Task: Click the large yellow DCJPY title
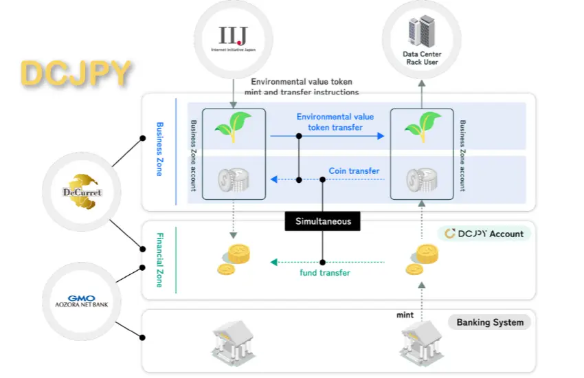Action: click(76, 74)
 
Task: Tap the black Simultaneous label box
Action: click(323, 221)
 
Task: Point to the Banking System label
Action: click(490, 322)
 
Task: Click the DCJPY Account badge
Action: click(484, 234)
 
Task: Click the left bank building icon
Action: click(232, 343)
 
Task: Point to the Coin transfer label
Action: click(354, 171)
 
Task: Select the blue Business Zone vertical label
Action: click(159, 149)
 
